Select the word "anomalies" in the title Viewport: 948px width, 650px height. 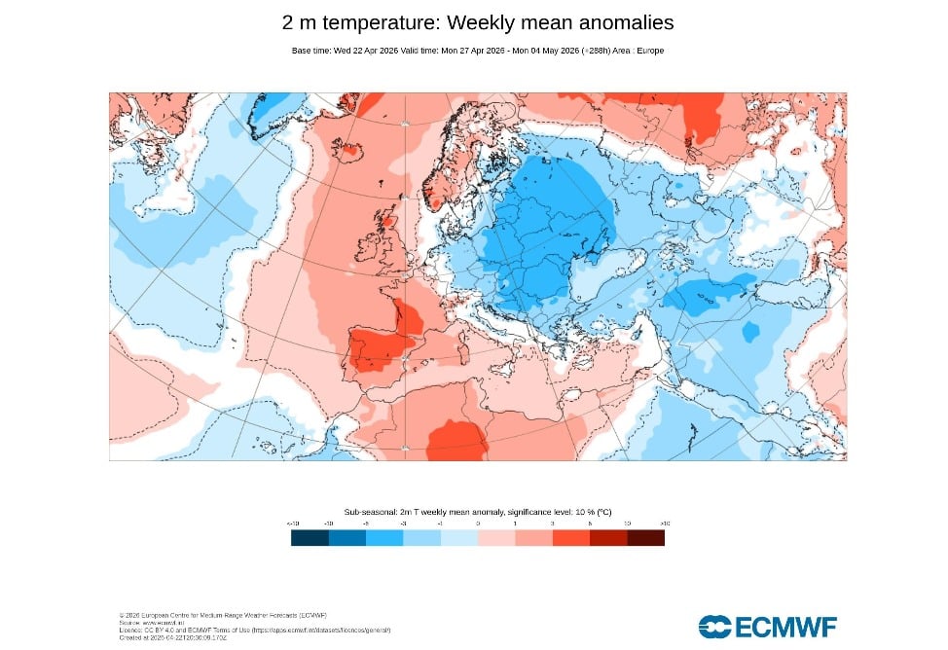622,22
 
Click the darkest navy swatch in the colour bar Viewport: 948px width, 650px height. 310,537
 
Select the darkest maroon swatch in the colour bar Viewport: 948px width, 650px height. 646,537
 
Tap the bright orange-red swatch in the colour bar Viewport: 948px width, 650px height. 571,537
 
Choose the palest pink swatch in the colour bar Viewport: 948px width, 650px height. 496,537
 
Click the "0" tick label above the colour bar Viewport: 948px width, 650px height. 478,524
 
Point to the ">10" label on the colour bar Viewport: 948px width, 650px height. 664,524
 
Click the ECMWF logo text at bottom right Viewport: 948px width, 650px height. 784,626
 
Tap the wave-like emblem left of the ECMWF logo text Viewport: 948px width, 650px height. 713,626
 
